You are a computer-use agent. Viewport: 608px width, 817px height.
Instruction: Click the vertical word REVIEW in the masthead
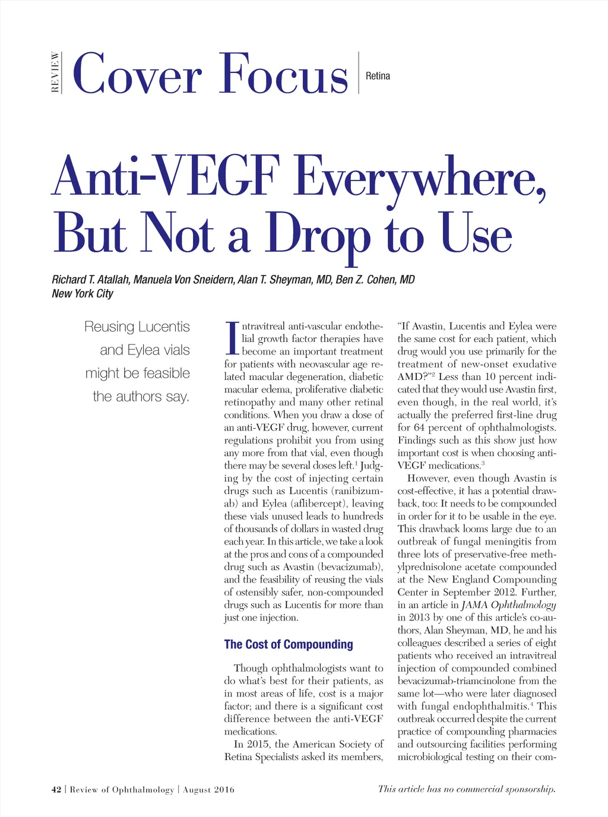55,72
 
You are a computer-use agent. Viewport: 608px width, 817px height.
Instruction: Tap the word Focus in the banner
283,75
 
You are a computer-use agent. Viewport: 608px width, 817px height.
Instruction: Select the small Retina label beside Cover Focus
378,76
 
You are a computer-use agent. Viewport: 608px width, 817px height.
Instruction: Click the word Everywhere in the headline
419,177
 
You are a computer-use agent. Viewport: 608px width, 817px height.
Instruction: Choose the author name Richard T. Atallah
90,280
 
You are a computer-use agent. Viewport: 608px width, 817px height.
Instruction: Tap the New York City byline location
82,293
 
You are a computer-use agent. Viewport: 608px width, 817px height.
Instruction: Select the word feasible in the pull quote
162,373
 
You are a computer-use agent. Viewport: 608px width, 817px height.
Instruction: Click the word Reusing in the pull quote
109,327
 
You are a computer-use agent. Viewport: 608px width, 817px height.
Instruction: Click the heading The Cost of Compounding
288,644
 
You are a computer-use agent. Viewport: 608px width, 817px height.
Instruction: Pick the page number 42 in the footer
56,790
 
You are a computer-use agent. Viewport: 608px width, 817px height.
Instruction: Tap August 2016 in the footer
208,790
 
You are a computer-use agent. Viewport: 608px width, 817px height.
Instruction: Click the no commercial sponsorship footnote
467,789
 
